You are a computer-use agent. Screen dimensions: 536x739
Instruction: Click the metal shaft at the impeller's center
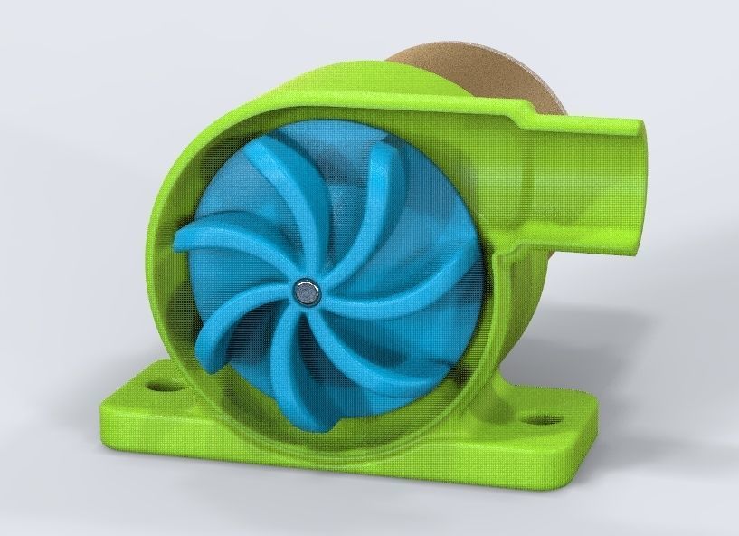307,292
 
